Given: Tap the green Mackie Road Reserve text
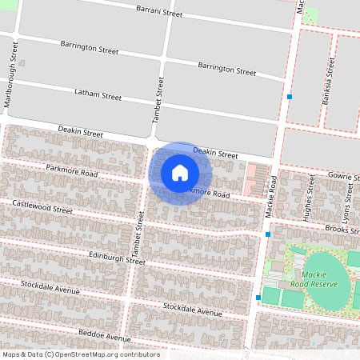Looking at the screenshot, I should click(x=318, y=279).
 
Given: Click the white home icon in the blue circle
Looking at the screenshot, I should click(x=180, y=173).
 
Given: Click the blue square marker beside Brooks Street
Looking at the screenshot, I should click(x=267, y=234).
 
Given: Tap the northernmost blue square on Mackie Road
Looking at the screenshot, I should click(x=289, y=97).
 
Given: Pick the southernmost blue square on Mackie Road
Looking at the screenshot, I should click(x=258, y=298).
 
